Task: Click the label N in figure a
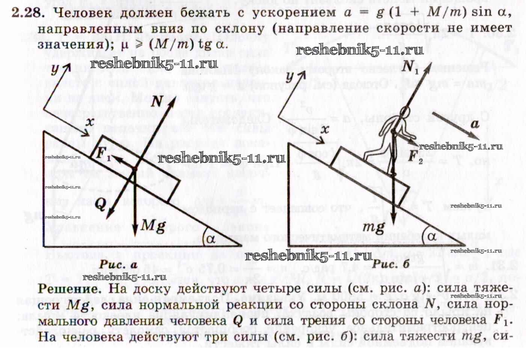point(158,101)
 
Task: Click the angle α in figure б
point(432,236)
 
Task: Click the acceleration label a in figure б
point(475,124)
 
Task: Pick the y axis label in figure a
point(56,69)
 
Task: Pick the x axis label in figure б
point(325,130)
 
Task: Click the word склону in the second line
point(240,29)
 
